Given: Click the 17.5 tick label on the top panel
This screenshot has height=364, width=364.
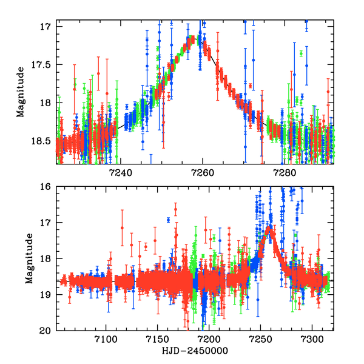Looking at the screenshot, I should click(42, 65).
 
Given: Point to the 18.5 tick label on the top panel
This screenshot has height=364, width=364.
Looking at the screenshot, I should click(42, 141).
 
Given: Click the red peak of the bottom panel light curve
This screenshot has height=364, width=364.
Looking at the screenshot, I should click(269, 228).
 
